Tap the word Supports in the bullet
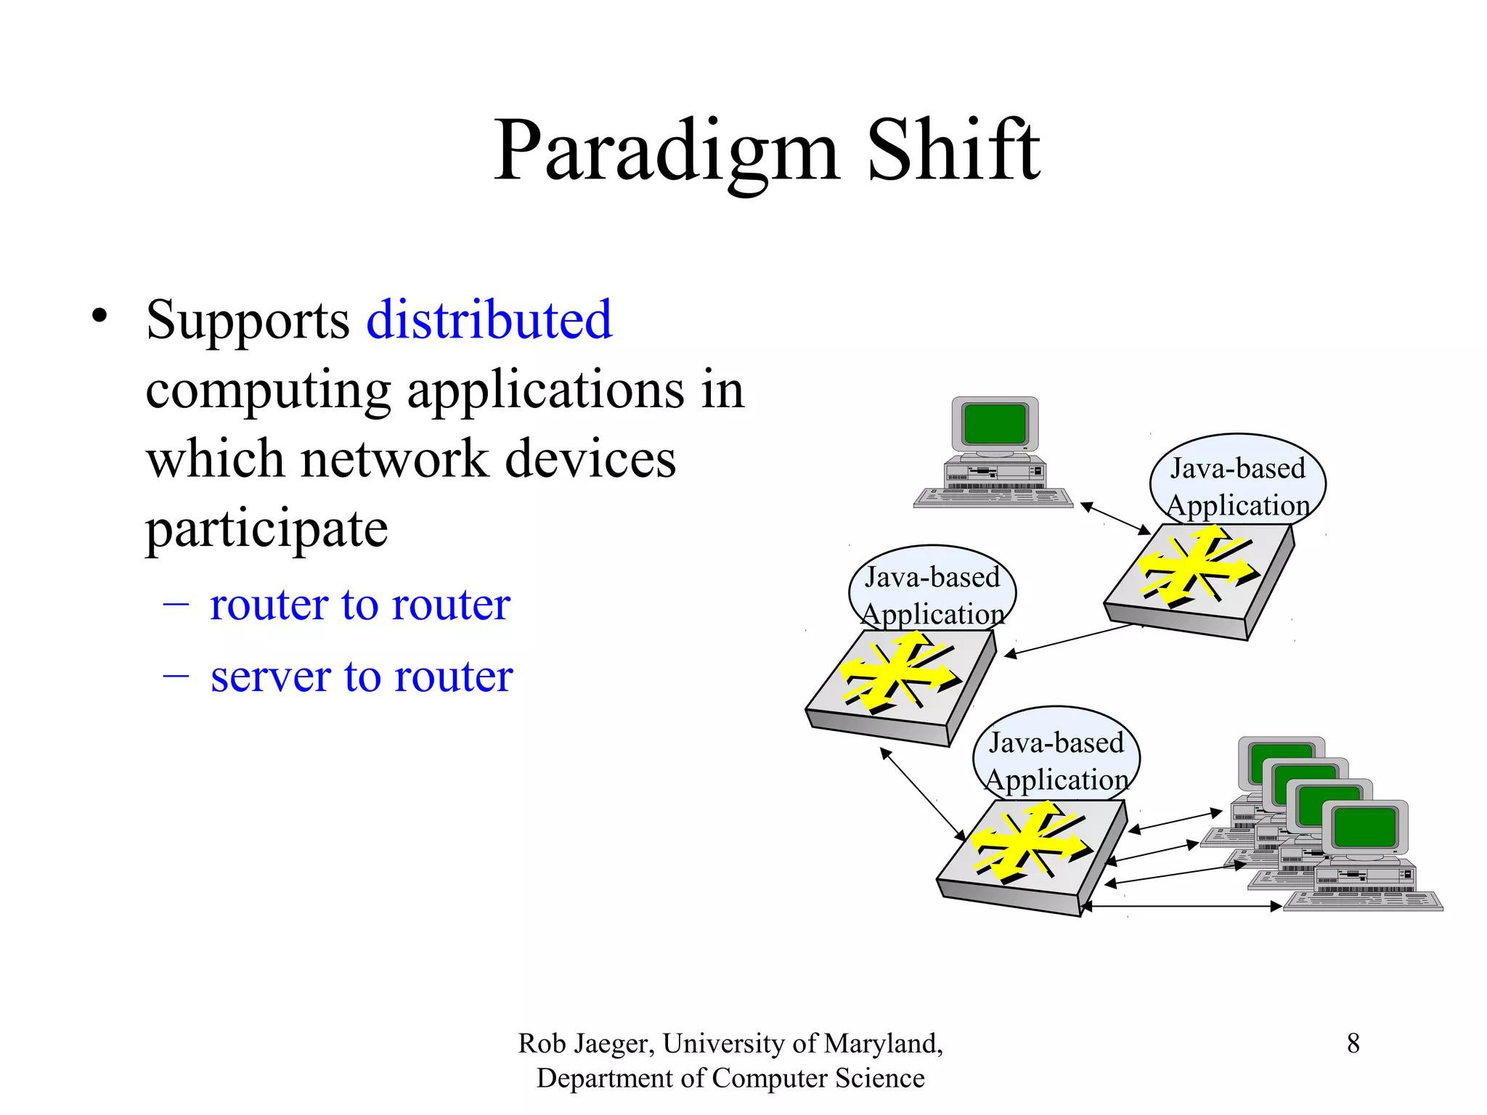pyautogui.click(x=248, y=321)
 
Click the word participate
pyautogui.click(x=266, y=529)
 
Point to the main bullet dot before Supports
pyautogui.click(x=99, y=316)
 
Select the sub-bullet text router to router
pyautogui.click(x=359, y=604)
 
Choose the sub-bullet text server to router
pyautogui.click(x=361, y=677)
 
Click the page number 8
pyautogui.click(x=1353, y=1043)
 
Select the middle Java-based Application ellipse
pyautogui.click(x=932, y=589)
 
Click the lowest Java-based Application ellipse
pyautogui.click(x=1056, y=755)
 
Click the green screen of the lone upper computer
pyautogui.click(x=995, y=423)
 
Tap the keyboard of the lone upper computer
pyautogui.click(x=993, y=497)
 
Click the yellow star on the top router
pyautogui.click(x=1197, y=566)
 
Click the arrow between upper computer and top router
pyautogui.click(x=1115, y=518)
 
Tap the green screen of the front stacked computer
pyautogui.click(x=1365, y=828)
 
